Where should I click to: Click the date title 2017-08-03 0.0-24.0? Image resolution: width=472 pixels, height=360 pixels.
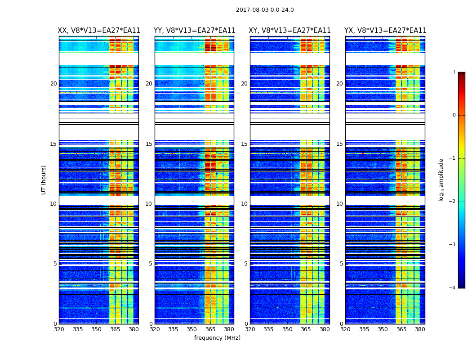[x=265, y=10]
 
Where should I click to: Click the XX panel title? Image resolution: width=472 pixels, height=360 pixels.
[x=99, y=31]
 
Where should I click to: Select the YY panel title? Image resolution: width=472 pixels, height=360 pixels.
[x=194, y=31]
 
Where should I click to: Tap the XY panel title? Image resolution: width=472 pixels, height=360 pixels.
[x=290, y=31]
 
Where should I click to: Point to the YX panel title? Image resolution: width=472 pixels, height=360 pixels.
[x=385, y=31]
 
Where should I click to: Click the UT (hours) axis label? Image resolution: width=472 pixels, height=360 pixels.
[x=44, y=180]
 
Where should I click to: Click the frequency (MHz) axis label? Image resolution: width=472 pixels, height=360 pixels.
[x=217, y=338]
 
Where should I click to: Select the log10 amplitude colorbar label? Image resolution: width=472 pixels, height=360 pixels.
[x=441, y=180]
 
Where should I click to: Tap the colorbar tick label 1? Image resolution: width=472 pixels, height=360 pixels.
[x=454, y=72]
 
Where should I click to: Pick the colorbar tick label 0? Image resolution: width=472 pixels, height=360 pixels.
[x=454, y=115]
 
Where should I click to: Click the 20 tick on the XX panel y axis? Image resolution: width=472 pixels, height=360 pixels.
[x=53, y=84]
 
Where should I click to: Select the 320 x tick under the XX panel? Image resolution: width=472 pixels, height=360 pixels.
[x=59, y=329]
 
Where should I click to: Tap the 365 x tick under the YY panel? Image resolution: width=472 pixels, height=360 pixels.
[x=210, y=329]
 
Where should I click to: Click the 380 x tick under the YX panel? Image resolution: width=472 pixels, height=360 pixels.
[x=420, y=329]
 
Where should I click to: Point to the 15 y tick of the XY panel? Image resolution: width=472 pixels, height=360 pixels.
[x=244, y=144]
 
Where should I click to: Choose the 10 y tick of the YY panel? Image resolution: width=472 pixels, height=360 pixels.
[x=149, y=204]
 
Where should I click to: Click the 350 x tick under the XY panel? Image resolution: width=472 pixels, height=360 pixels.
[x=287, y=329]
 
